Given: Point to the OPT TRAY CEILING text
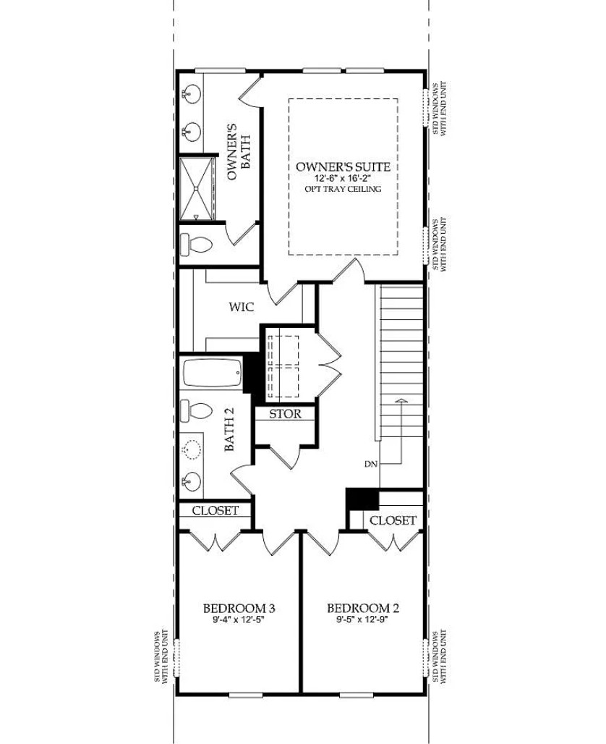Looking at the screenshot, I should (x=343, y=189).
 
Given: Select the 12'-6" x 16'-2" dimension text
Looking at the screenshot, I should (x=343, y=178).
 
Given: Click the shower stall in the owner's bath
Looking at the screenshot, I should (x=197, y=187).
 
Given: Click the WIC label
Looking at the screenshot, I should (x=241, y=308).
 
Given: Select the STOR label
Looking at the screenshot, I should (x=286, y=414).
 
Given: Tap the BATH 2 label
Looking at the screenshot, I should (x=230, y=439).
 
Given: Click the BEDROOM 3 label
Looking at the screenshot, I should (x=238, y=608).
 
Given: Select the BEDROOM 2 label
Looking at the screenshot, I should (x=363, y=608).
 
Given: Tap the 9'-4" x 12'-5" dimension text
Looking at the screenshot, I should (x=238, y=620).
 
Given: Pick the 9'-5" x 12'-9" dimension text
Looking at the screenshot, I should (x=363, y=620).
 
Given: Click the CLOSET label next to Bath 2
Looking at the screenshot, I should (x=215, y=510).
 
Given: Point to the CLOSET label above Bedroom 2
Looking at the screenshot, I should (x=393, y=520).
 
